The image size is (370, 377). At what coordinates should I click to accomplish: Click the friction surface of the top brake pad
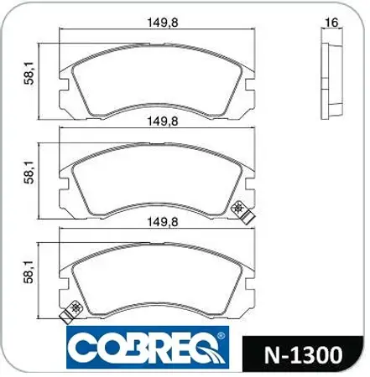click(159, 75)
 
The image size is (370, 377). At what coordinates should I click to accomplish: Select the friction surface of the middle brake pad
click(159, 172)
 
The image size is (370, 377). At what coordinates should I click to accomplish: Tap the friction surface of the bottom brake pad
click(159, 272)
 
